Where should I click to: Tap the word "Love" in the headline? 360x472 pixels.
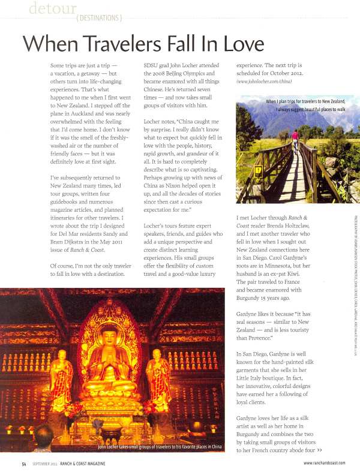point(235,44)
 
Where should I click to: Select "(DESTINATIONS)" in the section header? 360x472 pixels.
point(99,18)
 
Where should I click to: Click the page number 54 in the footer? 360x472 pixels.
point(23,463)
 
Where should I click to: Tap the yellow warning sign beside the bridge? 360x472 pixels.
point(259,170)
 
